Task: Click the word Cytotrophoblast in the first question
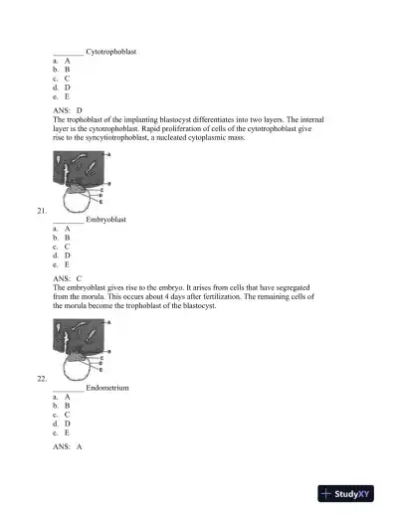point(111,50)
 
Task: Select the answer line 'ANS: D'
point(68,109)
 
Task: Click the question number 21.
point(41,211)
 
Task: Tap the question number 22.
point(41,379)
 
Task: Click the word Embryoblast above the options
point(106,219)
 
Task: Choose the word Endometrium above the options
point(107,387)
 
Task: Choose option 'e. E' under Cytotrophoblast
point(62,96)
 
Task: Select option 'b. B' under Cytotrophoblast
point(62,70)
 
